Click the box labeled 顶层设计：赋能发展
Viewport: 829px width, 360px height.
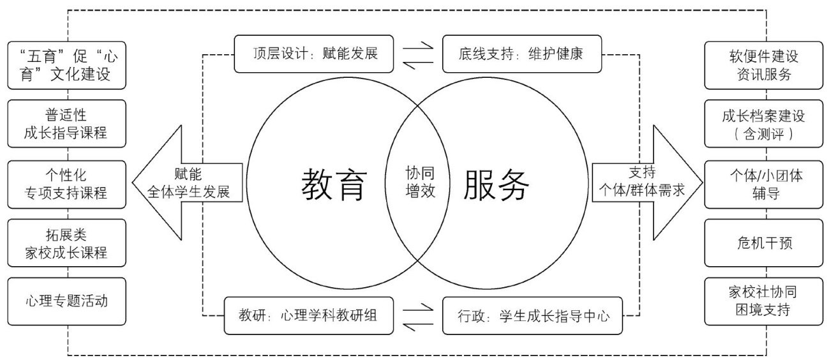[315, 53]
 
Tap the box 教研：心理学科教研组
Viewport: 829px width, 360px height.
[309, 315]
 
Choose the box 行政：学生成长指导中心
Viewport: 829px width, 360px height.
[532, 315]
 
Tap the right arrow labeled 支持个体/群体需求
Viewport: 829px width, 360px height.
[645, 183]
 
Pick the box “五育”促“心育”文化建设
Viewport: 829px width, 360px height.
[67, 65]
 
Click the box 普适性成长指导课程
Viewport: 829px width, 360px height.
[67, 124]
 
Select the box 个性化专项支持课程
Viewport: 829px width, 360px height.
[67, 183]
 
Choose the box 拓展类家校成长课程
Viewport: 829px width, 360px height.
[67, 243]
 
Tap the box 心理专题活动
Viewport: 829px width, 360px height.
[67, 301]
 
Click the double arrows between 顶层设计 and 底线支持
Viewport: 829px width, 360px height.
[419, 53]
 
